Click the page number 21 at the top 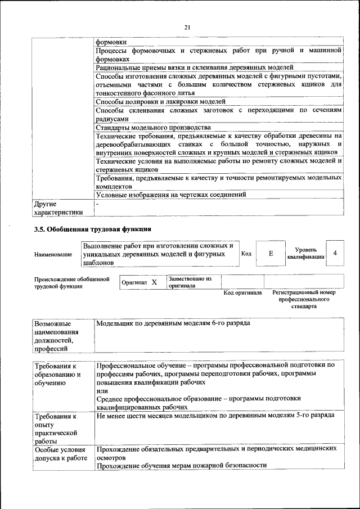188,27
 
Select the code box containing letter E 271,254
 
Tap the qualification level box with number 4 335,254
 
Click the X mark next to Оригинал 154,282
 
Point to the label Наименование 53,254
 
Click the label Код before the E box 246,254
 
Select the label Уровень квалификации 305,253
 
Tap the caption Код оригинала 242,293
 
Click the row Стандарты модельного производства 143,128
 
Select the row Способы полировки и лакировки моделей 160,102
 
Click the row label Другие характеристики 58,208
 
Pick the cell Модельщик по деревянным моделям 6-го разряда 173,324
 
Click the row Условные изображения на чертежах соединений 171,195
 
